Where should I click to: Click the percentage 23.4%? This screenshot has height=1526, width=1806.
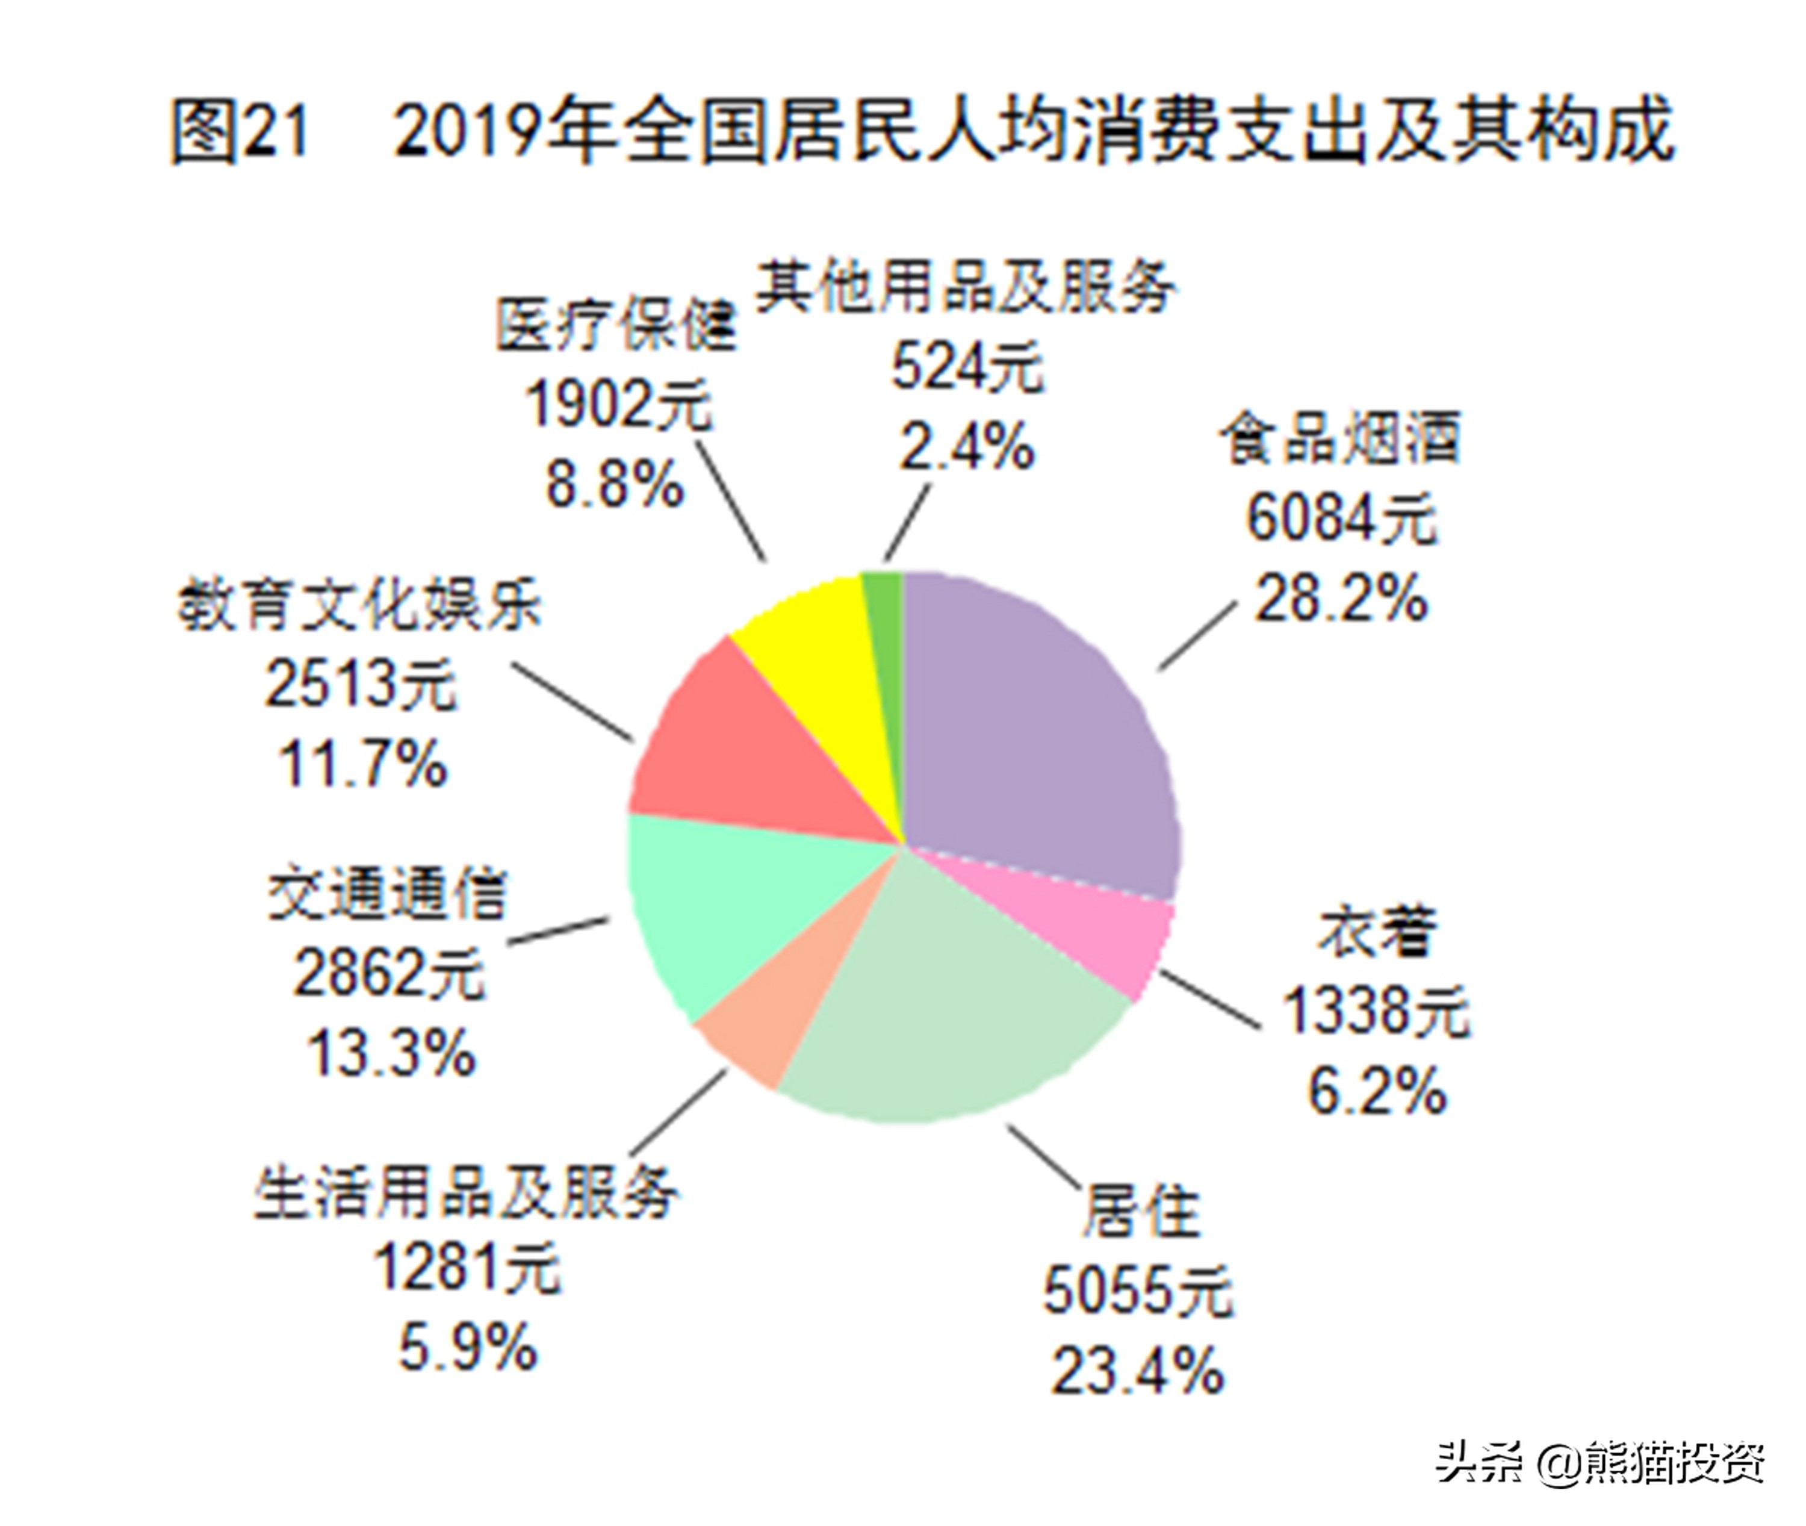(1137, 1372)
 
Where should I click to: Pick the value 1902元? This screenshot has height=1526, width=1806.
(618, 404)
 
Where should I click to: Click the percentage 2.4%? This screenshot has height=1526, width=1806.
(966, 446)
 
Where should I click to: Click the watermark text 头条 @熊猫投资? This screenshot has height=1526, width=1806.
(1600, 1463)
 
